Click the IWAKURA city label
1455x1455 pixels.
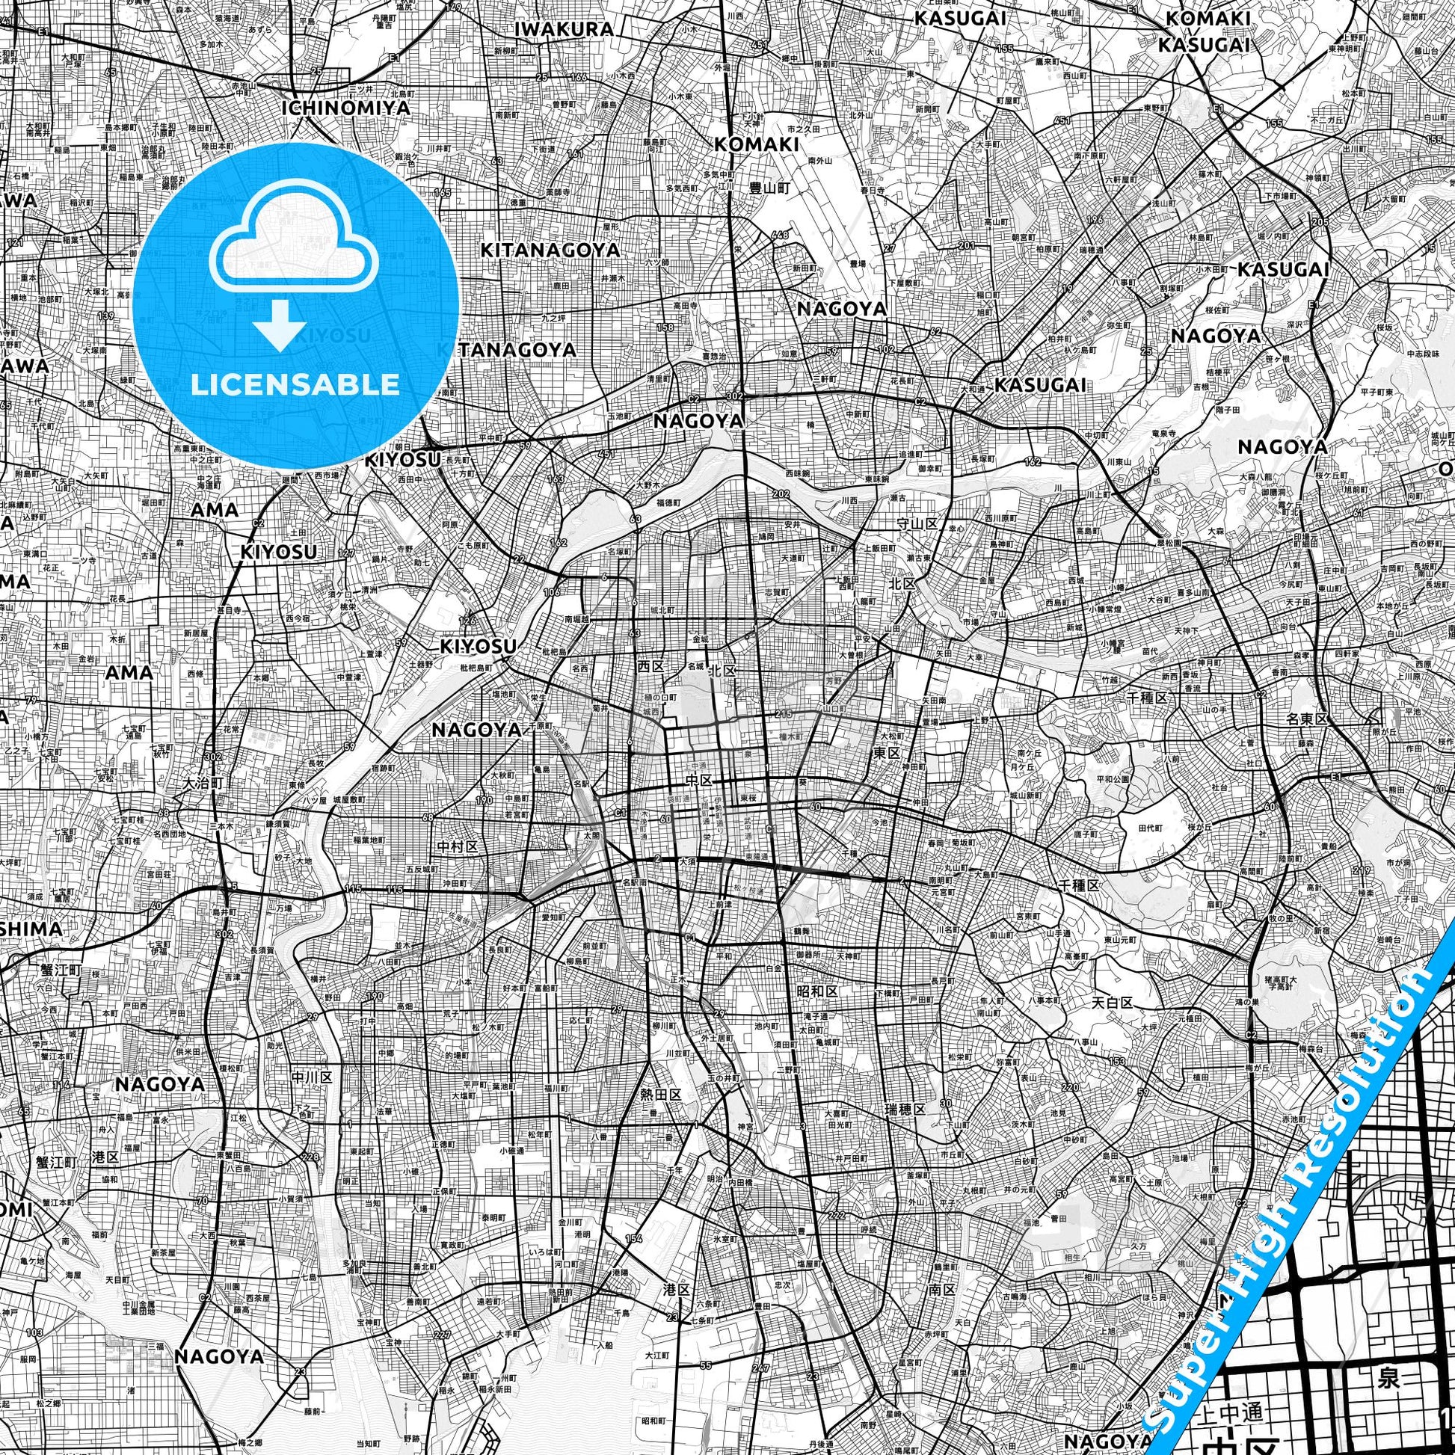tap(564, 29)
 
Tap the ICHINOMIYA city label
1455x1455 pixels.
tap(347, 108)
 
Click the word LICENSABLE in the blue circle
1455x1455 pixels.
tap(295, 384)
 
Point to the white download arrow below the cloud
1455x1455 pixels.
tap(280, 324)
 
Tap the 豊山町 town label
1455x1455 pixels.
tap(769, 189)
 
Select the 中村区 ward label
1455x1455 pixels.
tap(458, 847)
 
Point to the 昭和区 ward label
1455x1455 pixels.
tap(817, 991)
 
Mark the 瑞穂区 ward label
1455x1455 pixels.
tap(905, 1109)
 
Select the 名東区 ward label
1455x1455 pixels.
tap(1307, 719)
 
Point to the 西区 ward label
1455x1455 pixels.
tap(649, 666)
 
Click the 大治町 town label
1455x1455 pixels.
tap(204, 784)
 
